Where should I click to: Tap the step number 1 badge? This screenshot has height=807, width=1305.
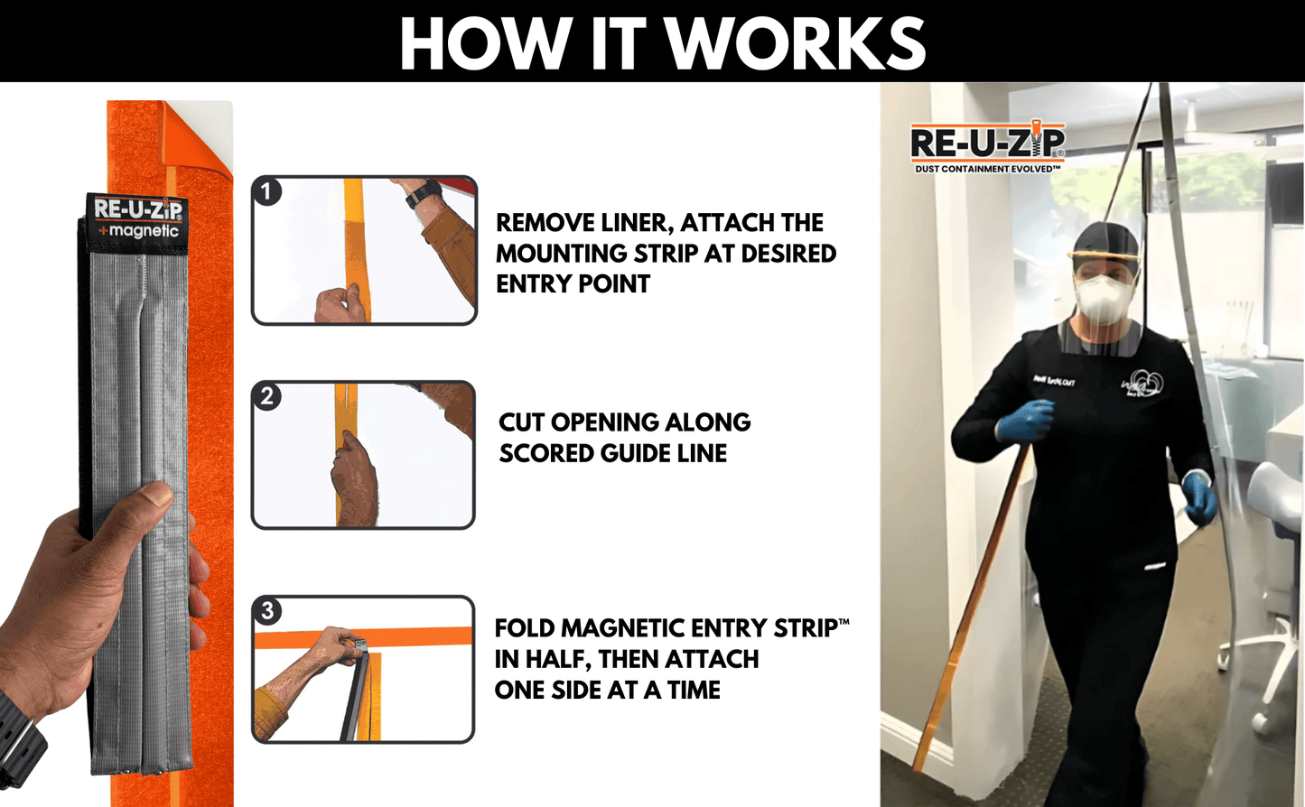(x=267, y=191)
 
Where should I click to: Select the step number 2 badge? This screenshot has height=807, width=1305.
(x=267, y=396)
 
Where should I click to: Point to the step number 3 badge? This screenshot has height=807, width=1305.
(x=267, y=611)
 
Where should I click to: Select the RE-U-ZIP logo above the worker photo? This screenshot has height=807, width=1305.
(x=987, y=143)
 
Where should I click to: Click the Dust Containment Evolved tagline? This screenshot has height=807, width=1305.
(x=987, y=169)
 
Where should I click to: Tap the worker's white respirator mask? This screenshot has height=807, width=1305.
(x=1103, y=298)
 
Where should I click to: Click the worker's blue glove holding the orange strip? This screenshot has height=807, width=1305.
(x=1026, y=421)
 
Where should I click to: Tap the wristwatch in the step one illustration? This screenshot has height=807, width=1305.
(x=423, y=193)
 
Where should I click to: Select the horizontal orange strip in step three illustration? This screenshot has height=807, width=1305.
(x=415, y=637)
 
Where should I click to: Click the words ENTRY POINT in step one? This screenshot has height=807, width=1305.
(x=573, y=284)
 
